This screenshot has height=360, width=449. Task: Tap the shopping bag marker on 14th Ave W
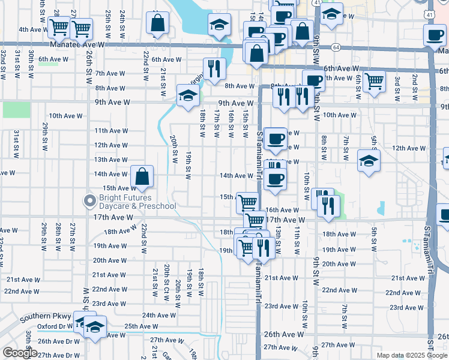(142, 177)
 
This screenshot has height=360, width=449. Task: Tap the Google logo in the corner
(20, 353)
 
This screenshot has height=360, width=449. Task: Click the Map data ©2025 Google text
(411, 355)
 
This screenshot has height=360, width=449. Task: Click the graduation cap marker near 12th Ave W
(369, 161)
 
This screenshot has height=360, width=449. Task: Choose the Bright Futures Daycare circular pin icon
(90, 200)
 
